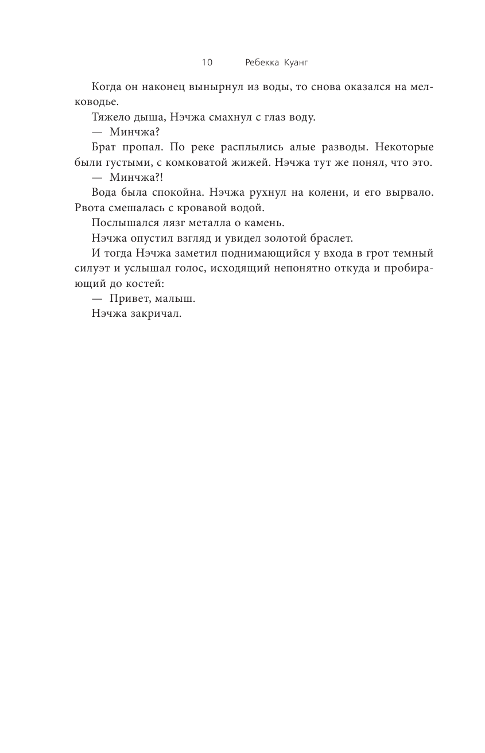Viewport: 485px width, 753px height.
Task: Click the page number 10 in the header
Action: click(207, 62)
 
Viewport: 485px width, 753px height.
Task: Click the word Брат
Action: click(104, 148)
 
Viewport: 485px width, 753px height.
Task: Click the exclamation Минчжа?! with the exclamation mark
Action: click(127, 177)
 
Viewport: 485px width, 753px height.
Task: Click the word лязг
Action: click(166, 222)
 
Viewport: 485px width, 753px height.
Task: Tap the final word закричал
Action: click(156, 312)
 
